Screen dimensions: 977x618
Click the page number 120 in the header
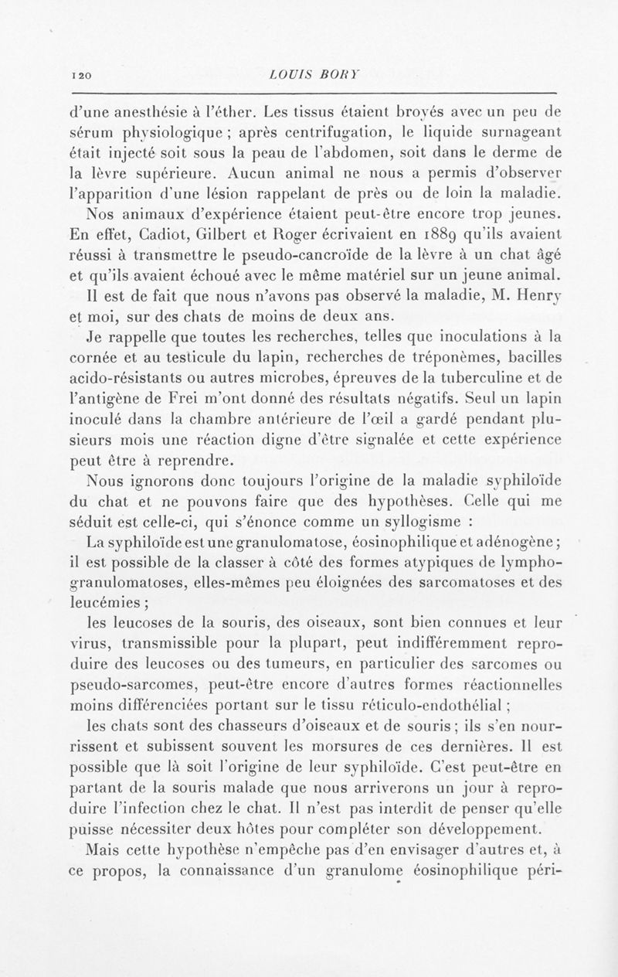[x=81, y=77]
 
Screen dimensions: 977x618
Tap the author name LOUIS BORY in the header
[x=307, y=76]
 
